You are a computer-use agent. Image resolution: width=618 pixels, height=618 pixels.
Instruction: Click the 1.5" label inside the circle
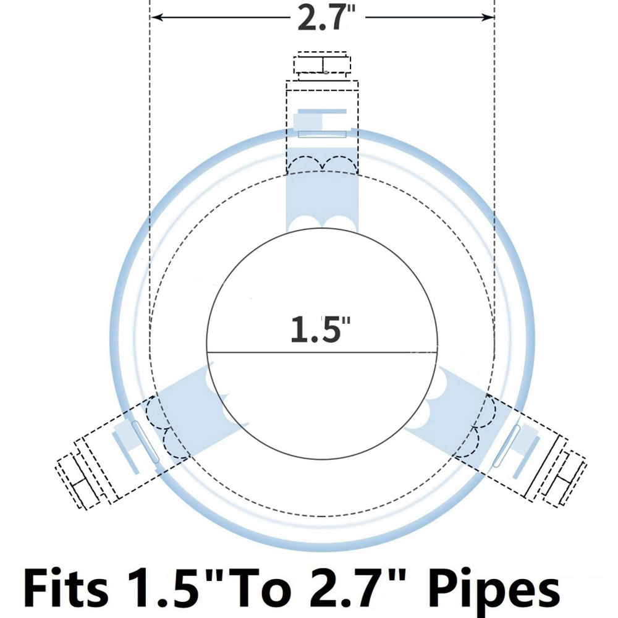click(320, 328)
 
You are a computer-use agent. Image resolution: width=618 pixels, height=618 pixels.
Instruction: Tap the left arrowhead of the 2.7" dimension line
click(157, 17)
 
